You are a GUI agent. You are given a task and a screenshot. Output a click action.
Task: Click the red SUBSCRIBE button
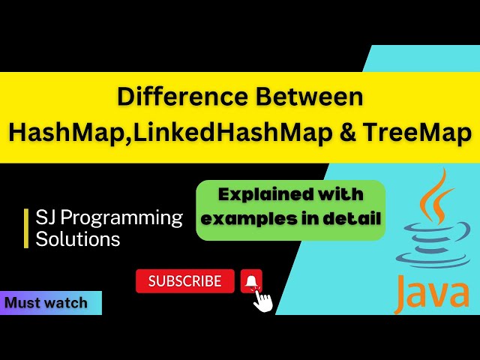tap(184, 281)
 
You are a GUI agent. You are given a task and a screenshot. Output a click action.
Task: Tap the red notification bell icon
tap(251, 281)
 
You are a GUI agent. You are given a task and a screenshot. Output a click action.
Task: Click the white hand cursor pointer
tap(263, 299)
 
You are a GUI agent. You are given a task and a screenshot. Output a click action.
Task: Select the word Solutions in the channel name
tap(78, 239)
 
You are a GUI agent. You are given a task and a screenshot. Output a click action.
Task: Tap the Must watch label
tap(46, 303)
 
